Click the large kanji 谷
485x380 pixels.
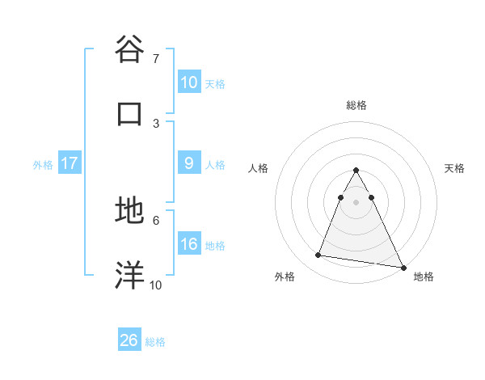coord(130,49)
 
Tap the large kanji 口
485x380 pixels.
coord(130,113)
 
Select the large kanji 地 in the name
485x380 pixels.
coord(130,210)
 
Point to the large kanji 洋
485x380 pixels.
coord(130,275)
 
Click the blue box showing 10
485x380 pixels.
coord(189,82)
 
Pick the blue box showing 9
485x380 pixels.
coord(189,163)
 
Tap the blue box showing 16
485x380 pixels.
coord(189,244)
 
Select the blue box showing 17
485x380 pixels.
coord(70,163)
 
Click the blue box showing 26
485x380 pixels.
coord(129,340)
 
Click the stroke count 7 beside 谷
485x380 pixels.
coord(156,58)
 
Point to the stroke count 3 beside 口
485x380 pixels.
coord(156,123)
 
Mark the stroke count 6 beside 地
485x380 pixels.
coord(156,219)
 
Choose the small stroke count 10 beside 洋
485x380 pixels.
coord(156,285)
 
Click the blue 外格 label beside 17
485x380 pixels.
coord(43,164)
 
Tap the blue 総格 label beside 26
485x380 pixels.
coord(155,341)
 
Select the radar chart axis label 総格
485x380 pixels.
coord(356,106)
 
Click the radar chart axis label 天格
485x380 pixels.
coord(455,168)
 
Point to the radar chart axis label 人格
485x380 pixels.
coord(259,168)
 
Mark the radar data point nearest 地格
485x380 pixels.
coord(403,266)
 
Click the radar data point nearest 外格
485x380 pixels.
coord(318,255)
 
